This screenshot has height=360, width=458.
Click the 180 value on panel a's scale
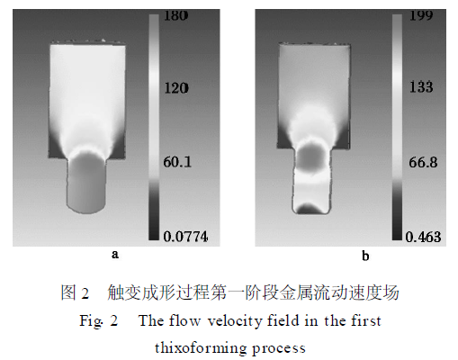pos(175,15)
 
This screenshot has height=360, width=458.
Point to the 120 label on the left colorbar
pos(176,88)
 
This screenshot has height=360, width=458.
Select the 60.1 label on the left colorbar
pos(177,162)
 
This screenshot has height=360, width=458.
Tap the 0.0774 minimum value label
pos(185,237)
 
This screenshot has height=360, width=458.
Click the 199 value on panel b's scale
pos(421,15)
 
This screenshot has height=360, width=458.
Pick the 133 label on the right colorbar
pos(421,87)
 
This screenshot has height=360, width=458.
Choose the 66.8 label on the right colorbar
pos(423,162)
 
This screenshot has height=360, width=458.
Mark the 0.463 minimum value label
pos(423,237)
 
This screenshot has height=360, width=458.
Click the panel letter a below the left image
pos(115,255)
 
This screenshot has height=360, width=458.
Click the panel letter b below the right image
pos(365,256)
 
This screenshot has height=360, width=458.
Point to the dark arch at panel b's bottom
pos(310,208)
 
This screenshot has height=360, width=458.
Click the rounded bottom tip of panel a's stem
pos(86,211)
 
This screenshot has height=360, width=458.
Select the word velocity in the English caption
pos(235,321)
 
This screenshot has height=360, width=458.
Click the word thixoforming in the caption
pos(201,348)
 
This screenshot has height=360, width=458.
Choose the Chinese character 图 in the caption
pos(68,292)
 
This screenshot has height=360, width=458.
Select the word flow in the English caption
pos(184,320)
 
